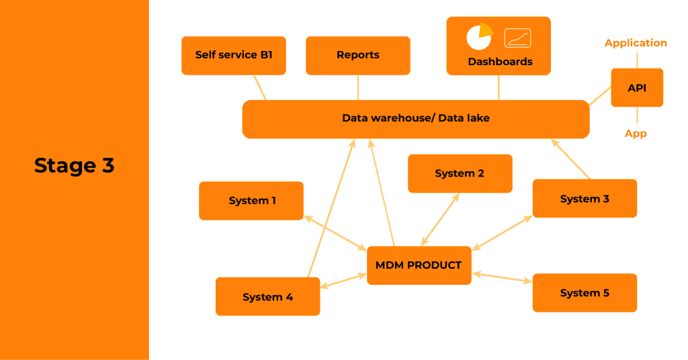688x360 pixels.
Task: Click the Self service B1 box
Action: point(234,55)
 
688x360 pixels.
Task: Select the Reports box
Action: point(357,55)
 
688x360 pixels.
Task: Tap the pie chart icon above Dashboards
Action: point(479,37)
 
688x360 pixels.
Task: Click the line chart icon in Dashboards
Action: point(517,38)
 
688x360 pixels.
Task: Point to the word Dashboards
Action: point(500,62)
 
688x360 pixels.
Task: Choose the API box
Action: point(636,87)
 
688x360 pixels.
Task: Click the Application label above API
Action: point(636,43)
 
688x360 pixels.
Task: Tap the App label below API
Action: point(636,134)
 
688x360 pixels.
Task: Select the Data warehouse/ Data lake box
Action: point(415,119)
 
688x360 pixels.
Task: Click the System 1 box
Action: point(251,200)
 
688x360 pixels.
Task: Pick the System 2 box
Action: point(460,173)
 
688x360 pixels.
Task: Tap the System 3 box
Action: point(585,198)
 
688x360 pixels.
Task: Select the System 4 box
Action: point(267,296)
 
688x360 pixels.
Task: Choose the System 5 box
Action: point(585,292)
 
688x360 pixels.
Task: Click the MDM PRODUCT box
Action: point(419,265)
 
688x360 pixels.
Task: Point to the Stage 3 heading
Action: point(74,165)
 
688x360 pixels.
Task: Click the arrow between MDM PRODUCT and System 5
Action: point(502,277)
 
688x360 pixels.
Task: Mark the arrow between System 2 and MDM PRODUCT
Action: point(440,220)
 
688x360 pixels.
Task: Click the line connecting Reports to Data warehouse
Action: point(358,87)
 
